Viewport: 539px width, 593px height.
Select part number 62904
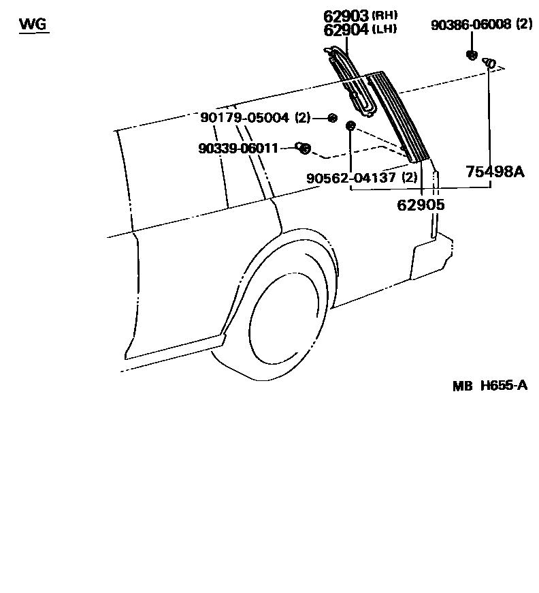[346, 30]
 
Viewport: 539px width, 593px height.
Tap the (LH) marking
[384, 29]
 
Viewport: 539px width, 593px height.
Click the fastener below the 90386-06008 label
[471, 55]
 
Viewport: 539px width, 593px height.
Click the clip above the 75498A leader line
[489, 63]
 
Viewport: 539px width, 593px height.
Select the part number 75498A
[495, 172]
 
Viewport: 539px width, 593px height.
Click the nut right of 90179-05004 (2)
[332, 118]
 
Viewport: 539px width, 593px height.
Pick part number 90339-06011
[238, 147]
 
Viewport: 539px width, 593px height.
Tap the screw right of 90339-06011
[303, 147]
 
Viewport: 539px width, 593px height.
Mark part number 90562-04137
[352, 178]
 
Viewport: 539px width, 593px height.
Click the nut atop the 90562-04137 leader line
[350, 125]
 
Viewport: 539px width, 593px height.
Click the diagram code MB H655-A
[489, 386]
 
